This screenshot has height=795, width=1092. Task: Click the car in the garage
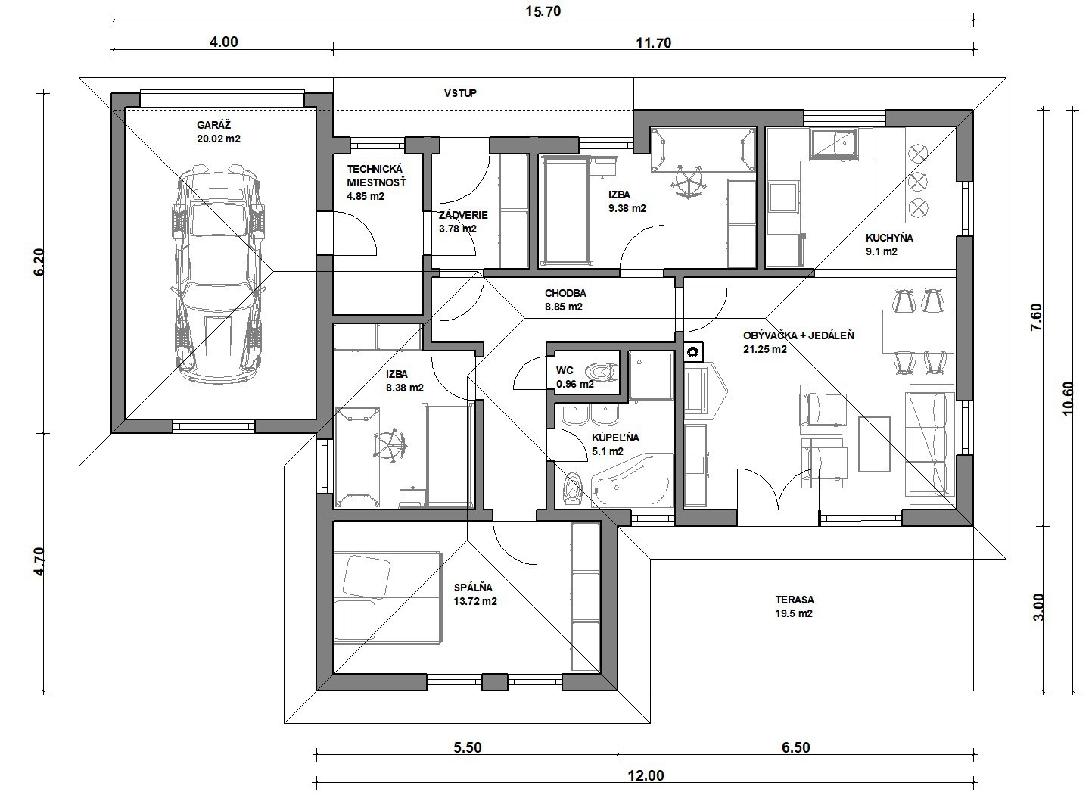coord(219,275)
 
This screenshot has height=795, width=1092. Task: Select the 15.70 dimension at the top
coord(543,11)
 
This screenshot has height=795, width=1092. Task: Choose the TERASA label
coord(795,600)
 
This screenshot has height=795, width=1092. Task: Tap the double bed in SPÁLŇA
coord(387,598)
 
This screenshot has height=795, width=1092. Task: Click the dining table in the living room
coord(918,331)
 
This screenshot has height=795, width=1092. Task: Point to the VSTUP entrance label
coord(460,93)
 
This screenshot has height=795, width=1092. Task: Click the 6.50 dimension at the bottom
coord(795,747)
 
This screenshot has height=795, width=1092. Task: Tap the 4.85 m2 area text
coord(366,197)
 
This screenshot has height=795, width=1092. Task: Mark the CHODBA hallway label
coord(565,293)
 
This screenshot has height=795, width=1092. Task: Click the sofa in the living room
coord(929,444)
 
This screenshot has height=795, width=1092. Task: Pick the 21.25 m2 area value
coord(765,349)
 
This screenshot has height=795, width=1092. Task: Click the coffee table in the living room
coord(874,444)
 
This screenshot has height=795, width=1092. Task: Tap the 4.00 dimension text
coord(224,42)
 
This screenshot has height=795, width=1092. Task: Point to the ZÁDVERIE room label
coord(463,215)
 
